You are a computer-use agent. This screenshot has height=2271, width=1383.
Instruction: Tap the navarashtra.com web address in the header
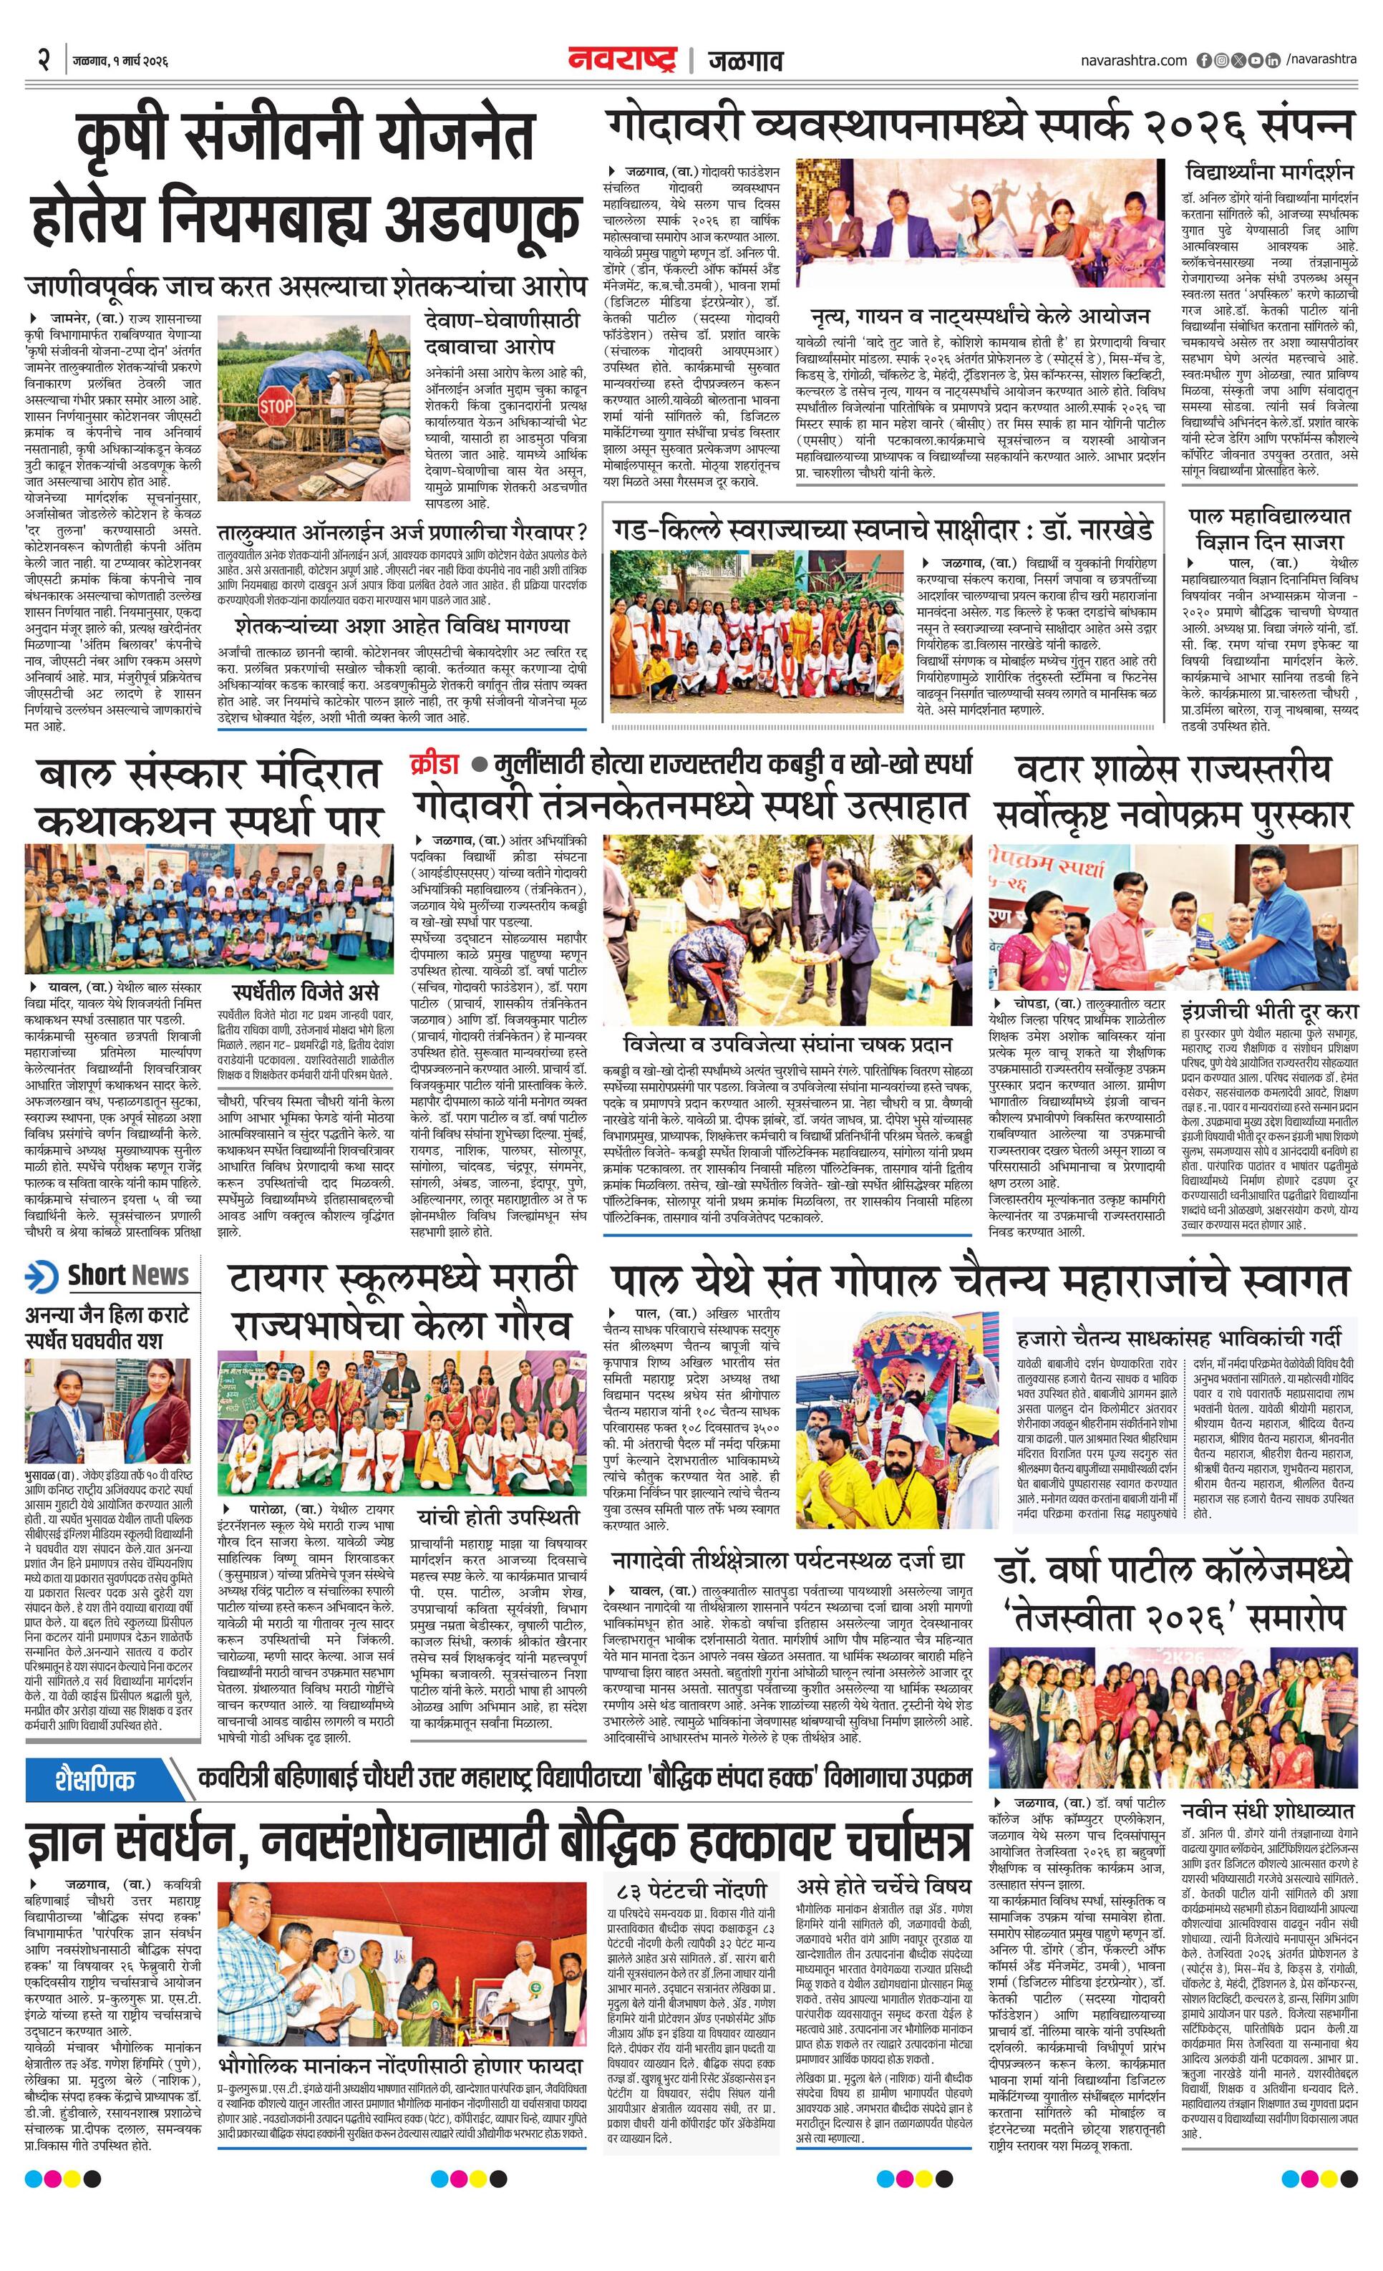coord(1134,61)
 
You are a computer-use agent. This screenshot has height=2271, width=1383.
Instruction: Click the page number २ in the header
coord(42,61)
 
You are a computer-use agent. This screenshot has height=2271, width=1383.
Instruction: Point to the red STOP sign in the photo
coord(276,405)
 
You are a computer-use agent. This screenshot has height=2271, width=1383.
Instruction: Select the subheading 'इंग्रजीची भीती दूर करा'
coord(1268,1011)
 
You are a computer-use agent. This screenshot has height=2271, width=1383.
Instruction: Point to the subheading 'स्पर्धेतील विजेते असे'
coord(305,992)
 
